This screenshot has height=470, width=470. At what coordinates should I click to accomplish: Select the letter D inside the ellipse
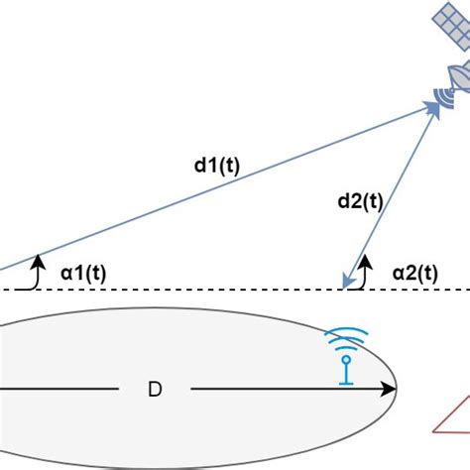point(155,390)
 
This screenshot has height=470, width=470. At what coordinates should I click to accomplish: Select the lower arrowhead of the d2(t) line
point(346,281)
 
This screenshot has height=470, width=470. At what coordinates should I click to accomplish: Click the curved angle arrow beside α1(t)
point(37,270)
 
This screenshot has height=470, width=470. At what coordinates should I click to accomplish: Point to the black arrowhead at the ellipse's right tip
point(391,390)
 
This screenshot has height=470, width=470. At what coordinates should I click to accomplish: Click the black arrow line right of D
point(288,390)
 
